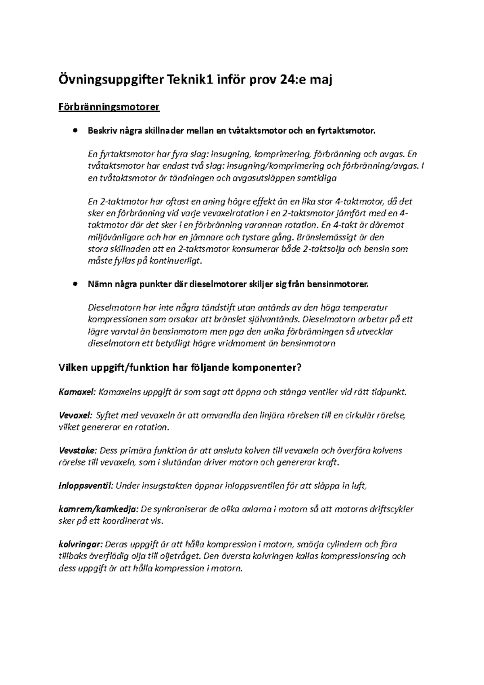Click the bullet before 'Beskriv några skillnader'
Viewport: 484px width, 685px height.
tap(75, 131)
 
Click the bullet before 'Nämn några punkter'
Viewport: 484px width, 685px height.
tap(75, 284)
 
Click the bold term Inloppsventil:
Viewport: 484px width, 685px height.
tap(86, 486)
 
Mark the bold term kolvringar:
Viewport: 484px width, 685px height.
tap(81, 544)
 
